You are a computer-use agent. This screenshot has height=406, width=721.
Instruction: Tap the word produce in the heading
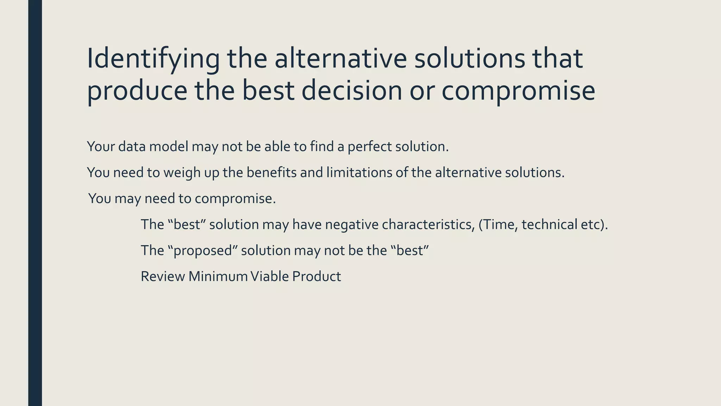(x=137, y=91)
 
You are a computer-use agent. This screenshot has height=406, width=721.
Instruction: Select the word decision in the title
(x=352, y=91)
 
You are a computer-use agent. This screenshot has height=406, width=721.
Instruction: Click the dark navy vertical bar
(x=35, y=203)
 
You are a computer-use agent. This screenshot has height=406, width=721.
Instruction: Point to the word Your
(x=101, y=147)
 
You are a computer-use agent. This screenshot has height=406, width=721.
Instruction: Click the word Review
(x=163, y=277)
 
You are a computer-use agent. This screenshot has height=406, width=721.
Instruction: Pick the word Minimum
(x=218, y=277)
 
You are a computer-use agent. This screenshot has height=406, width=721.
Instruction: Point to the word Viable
(x=269, y=277)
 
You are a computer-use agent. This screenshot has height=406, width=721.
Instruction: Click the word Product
(x=316, y=277)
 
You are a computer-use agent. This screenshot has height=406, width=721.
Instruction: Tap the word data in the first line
(x=132, y=147)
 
